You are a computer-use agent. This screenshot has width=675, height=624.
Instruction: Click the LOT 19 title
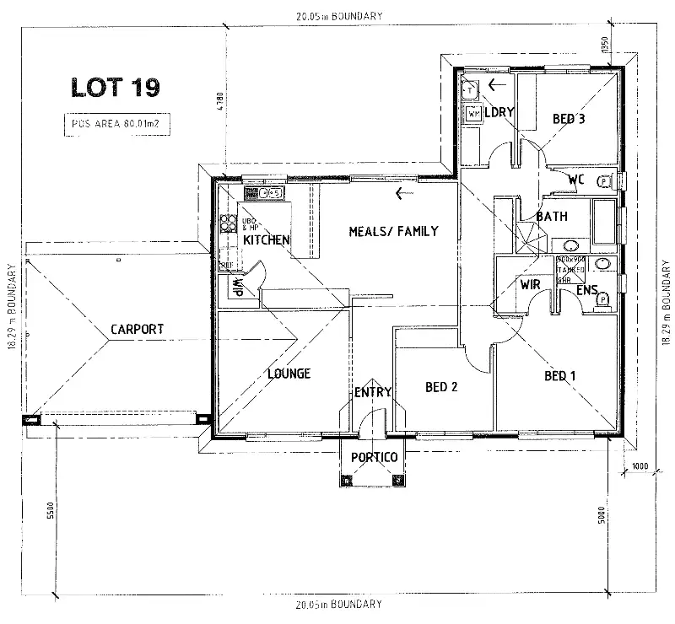[112, 86]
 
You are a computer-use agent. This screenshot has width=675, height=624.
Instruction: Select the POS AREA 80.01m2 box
[112, 124]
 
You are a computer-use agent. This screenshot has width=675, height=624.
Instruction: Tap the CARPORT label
[137, 329]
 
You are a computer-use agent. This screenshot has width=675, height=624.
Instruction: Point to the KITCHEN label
[267, 240]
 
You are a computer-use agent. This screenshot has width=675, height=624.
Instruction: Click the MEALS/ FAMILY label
[393, 231]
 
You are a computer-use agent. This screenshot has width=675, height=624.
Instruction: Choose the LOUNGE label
[289, 374]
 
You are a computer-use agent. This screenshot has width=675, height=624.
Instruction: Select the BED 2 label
[441, 387]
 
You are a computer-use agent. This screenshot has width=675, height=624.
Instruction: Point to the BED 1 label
[560, 376]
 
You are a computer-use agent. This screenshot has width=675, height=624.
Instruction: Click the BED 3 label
[569, 119]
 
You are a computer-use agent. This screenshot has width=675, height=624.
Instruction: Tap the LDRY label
[499, 112]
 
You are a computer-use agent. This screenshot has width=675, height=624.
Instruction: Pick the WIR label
[530, 285]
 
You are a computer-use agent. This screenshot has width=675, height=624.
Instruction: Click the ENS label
[587, 292]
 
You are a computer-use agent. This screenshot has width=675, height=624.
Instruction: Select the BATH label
[553, 217]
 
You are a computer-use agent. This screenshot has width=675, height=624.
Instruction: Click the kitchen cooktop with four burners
[228, 223]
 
